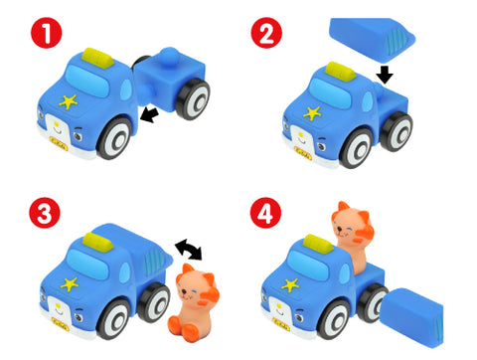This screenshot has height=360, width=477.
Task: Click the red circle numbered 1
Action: [47, 33]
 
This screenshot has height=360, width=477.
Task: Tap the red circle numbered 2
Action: [266, 33]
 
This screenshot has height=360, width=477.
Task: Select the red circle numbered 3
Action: [45, 213]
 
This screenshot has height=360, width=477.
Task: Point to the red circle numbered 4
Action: [265, 213]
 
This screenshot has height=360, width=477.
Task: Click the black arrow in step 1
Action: [149, 114]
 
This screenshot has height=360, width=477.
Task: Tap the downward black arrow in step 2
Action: [385, 75]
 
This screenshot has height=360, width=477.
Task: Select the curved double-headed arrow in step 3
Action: [189, 249]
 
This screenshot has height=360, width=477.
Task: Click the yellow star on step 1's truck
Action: [69, 101]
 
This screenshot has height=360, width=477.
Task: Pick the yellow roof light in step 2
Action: [341, 72]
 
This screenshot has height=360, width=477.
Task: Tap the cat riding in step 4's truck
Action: [353, 236]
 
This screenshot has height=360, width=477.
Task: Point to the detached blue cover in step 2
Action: [372, 40]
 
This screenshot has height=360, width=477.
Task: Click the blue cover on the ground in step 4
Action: [412, 317]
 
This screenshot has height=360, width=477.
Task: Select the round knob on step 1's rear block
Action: [169, 58]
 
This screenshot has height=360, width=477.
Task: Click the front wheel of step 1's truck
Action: [114, 137]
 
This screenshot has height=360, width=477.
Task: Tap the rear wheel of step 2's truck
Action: [397, 131]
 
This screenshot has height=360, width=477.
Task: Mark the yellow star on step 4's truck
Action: [290, 284]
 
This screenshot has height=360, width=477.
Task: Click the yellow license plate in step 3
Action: [61, 324]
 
